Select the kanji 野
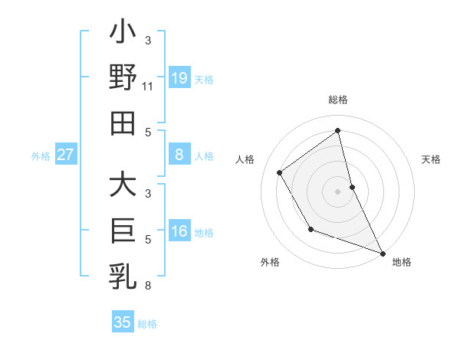pos(123,80)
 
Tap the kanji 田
pos(123,123)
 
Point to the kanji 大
pos(123,187)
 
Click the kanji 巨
pos(123,231)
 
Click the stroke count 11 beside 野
pos(148,87)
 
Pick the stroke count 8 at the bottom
pos(147,286)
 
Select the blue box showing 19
pos(179,77)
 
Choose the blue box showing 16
pos(179,232)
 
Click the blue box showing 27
pos(66,155)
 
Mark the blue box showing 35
pos(123,322)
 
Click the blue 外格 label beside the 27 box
pos(41,156)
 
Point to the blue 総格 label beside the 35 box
pos(147,323)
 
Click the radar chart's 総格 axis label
pos(337,100)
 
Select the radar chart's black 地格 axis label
pos(402,262)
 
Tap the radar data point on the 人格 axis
pos(280,172)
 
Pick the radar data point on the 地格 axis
pos(383,254)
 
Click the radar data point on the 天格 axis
pos(353,186)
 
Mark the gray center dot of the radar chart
pos(337,191)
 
